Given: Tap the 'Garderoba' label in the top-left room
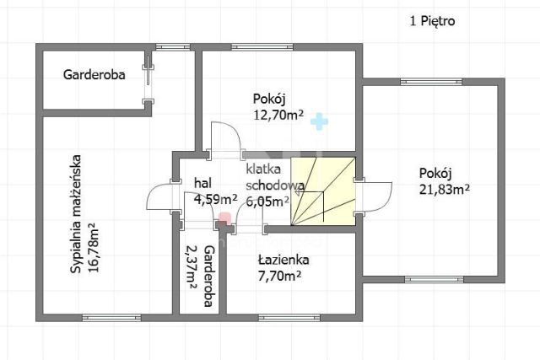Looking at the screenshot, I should pos(94,74).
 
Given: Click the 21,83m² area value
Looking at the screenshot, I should pos(444,189).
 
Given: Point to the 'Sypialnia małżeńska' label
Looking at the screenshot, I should pos(75,212).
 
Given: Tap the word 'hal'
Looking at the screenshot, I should pos(202,183).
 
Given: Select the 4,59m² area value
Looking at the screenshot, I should pos(215,200).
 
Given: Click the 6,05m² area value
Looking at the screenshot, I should pos(267,201).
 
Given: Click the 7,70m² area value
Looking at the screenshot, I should pos(279,276).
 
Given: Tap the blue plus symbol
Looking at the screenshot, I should pos(316,122).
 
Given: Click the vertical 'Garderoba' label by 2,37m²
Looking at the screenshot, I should pos(209,277).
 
